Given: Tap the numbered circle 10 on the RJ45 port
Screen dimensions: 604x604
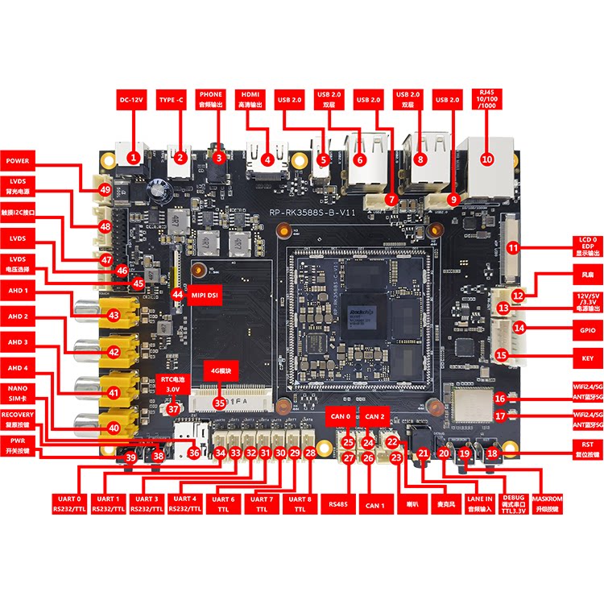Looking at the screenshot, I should coord(486,159).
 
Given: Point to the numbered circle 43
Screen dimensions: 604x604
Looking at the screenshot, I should coord(114,315).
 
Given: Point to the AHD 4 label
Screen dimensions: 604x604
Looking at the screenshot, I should coord(19,368).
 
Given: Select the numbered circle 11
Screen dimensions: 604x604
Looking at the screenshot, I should coord(513,250).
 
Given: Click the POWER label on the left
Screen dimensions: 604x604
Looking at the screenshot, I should coord(19,161).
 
